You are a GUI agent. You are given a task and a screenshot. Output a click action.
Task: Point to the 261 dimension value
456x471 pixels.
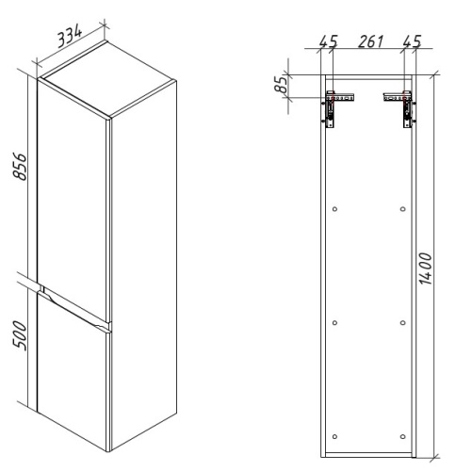[368, 42]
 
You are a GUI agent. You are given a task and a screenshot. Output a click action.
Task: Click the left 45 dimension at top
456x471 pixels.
[328, 42]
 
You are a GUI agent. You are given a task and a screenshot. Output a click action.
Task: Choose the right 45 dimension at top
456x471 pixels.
[411, 42]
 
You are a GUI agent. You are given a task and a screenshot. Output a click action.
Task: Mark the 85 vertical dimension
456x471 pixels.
[280, 85]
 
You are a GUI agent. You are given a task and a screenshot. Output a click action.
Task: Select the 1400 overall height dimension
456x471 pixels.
[425, 268]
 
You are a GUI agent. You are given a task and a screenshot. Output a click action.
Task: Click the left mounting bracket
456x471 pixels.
[336, 106]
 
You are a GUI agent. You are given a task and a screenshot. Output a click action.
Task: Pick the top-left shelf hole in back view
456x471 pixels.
[335, 208]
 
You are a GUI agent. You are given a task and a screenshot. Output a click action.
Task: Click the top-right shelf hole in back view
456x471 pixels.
[403, 208]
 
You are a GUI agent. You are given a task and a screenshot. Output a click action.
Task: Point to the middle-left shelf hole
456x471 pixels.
[335, 322]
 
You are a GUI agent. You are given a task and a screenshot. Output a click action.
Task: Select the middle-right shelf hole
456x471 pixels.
[403, 322]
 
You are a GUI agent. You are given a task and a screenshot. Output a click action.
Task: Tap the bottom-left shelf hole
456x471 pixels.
[335, 435]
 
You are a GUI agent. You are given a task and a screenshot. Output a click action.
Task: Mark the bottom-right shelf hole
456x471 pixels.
[403, 435]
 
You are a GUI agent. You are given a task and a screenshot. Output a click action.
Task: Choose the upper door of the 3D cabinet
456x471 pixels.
[73, 188]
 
